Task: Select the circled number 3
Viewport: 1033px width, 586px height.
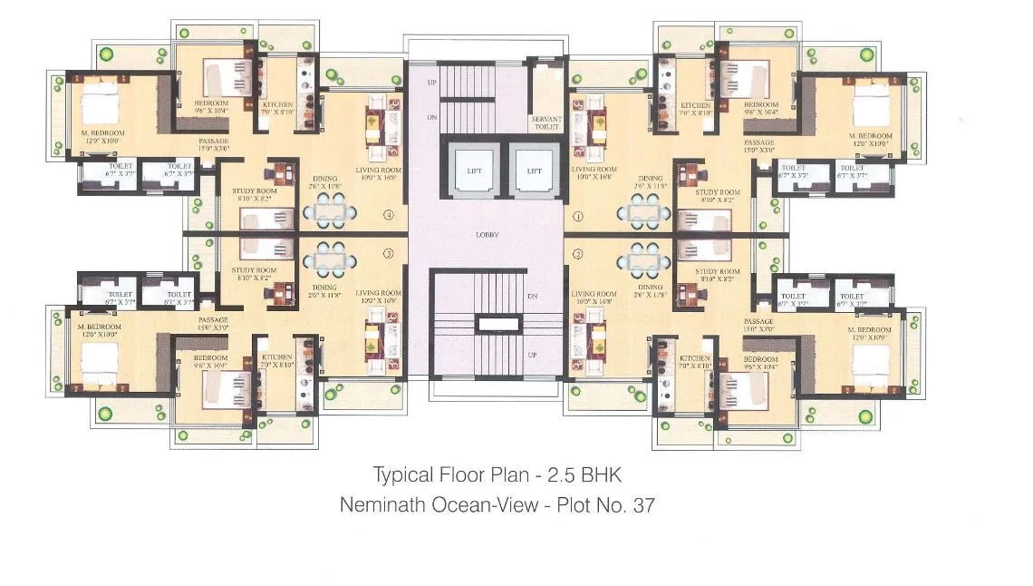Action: tap(389, 253)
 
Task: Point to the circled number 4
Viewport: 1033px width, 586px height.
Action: tap(389, 216)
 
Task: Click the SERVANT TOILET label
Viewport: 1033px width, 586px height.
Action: tap(545, 122)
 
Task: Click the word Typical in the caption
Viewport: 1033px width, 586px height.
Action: tap(400, 474)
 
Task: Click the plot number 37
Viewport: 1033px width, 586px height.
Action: tap(642, 504)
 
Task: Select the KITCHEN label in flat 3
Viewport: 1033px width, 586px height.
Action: tap(277, 358)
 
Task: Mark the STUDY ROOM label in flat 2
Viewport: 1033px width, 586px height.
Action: tap(717, 271)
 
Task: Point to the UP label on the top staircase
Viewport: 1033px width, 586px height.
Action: tap(432, 83)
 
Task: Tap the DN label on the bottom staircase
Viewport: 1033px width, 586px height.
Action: tap(534, 297)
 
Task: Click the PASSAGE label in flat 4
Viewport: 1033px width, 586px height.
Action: tap(214, 142)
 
